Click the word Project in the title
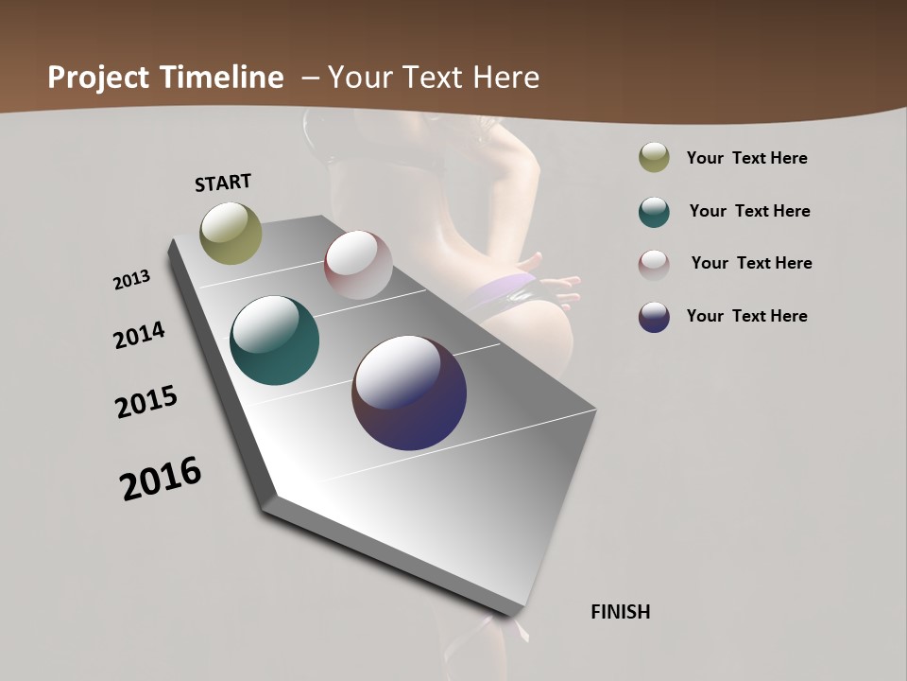coord(98,78)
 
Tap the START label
coord(223,183)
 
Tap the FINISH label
coord(620,612)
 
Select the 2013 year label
coord(132,280)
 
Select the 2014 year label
coord(139,335)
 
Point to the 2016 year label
coord(161,479)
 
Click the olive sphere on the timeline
coord(231,233)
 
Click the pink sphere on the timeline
coord(358,264)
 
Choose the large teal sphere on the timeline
coord(274,340)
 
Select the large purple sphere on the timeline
coord(409,393)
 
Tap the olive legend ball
coord(654,158)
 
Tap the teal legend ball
coord(654,212)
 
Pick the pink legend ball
coord(654,264)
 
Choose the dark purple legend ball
coord(654,317)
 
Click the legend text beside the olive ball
coord(746,158)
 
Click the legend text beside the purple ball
coord(746,316)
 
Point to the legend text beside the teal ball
coord(749,211)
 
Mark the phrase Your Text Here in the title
coord(433,78)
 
